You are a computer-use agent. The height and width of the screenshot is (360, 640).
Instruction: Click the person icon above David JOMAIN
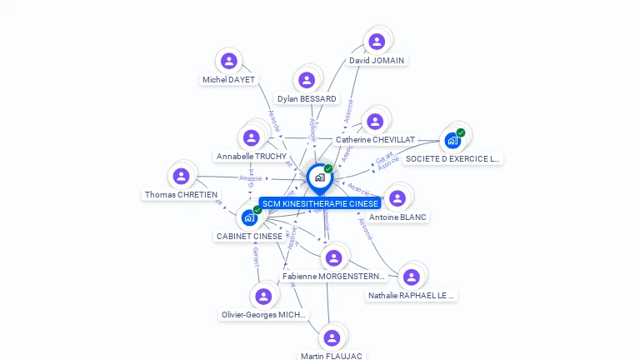pyautogui.click(x=377, y=41)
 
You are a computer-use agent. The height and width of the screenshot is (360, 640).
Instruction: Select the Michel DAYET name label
pyautogui.click(x=228, y=80)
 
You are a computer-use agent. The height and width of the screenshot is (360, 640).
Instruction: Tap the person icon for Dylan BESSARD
pyautogui.click(x=307, y=80)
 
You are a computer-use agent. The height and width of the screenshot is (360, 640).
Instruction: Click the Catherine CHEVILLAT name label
pyautogui.click(x=375, y=140)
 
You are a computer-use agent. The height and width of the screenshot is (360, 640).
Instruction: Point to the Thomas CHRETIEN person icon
pyautogui.click(x=181, y=176)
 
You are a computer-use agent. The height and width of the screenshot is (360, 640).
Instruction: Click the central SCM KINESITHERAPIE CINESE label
pyautogui.click(x=320, y=203)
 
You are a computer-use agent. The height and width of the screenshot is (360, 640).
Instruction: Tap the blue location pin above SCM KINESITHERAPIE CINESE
pyautogui.click(x=319, y=177)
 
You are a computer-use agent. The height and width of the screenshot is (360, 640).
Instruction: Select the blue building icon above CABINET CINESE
pyautogui.click(x=248, y=217)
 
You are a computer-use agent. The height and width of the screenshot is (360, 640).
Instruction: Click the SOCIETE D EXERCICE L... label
pyautogui.click(x=452, y=158)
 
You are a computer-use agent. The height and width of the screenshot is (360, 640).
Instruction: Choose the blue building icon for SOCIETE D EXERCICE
pyautogui.click(x=452, y=140)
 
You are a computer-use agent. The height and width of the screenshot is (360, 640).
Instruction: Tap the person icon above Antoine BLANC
pyautogui.click(x=397, y=198)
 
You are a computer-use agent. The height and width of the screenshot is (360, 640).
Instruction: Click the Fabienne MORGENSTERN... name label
pyautogui.click(x=333, y=276)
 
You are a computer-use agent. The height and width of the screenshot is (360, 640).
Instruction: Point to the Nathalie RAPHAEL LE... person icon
pyautogui.click(x=411, y=277)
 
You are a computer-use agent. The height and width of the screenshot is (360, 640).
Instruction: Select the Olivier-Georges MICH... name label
pyautogui.click(x=263, y=315)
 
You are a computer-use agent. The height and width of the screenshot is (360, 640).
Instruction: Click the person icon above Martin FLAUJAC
pyautogui.click(x=332, y=337)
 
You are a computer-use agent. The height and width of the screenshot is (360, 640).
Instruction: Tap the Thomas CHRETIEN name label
pyautogui.click(x=181, y=195)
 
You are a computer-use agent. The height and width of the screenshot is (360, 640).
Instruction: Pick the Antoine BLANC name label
pyautogui.click(x=397, y=217)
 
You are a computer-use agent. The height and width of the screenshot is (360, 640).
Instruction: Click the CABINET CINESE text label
pyautogui.click(x=249, y=237)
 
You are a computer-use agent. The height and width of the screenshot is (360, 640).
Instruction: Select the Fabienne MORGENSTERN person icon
pyautogui.click(x=333, y=257)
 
